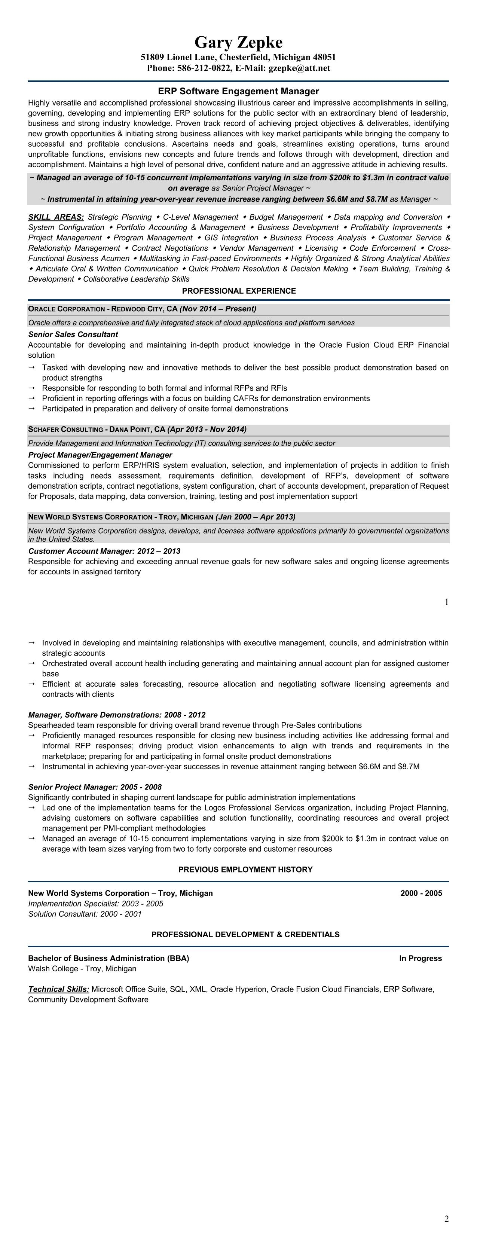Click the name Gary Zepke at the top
point(239,43)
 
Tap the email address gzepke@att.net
point(299,68)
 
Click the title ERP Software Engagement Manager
point(239,91)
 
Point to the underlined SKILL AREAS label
point(55,217)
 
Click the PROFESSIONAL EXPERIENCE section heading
point(239,291)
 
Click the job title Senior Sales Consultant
point(73,335)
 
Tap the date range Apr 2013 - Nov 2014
point(207,429)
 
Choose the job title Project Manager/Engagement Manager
point(100,455)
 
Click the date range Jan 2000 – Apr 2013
point(255,517)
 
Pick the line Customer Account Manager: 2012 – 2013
point(104,552)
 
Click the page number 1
point(446,602)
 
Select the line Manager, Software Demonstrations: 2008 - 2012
point(116,715)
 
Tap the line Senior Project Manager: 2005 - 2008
point(95,787)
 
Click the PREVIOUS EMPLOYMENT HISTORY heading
point(245,870)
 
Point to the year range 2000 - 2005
point(421,893)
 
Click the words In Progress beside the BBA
point(420,958)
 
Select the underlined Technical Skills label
point(58,989)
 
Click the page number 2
point(446,1219)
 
